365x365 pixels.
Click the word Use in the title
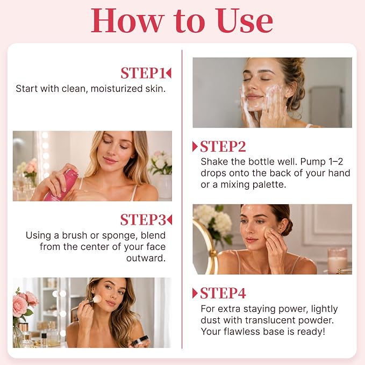pos(244,21)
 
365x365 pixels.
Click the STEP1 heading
pos(143,73)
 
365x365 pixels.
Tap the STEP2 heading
pos(223,146)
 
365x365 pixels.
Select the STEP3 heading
pos(143,219)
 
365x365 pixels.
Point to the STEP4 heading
pos(223,293)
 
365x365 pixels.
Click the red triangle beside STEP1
pos(169,73)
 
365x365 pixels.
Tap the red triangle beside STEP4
pos(195,293)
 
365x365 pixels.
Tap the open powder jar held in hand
pos(140,341)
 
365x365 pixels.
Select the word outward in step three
pos(146,258)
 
